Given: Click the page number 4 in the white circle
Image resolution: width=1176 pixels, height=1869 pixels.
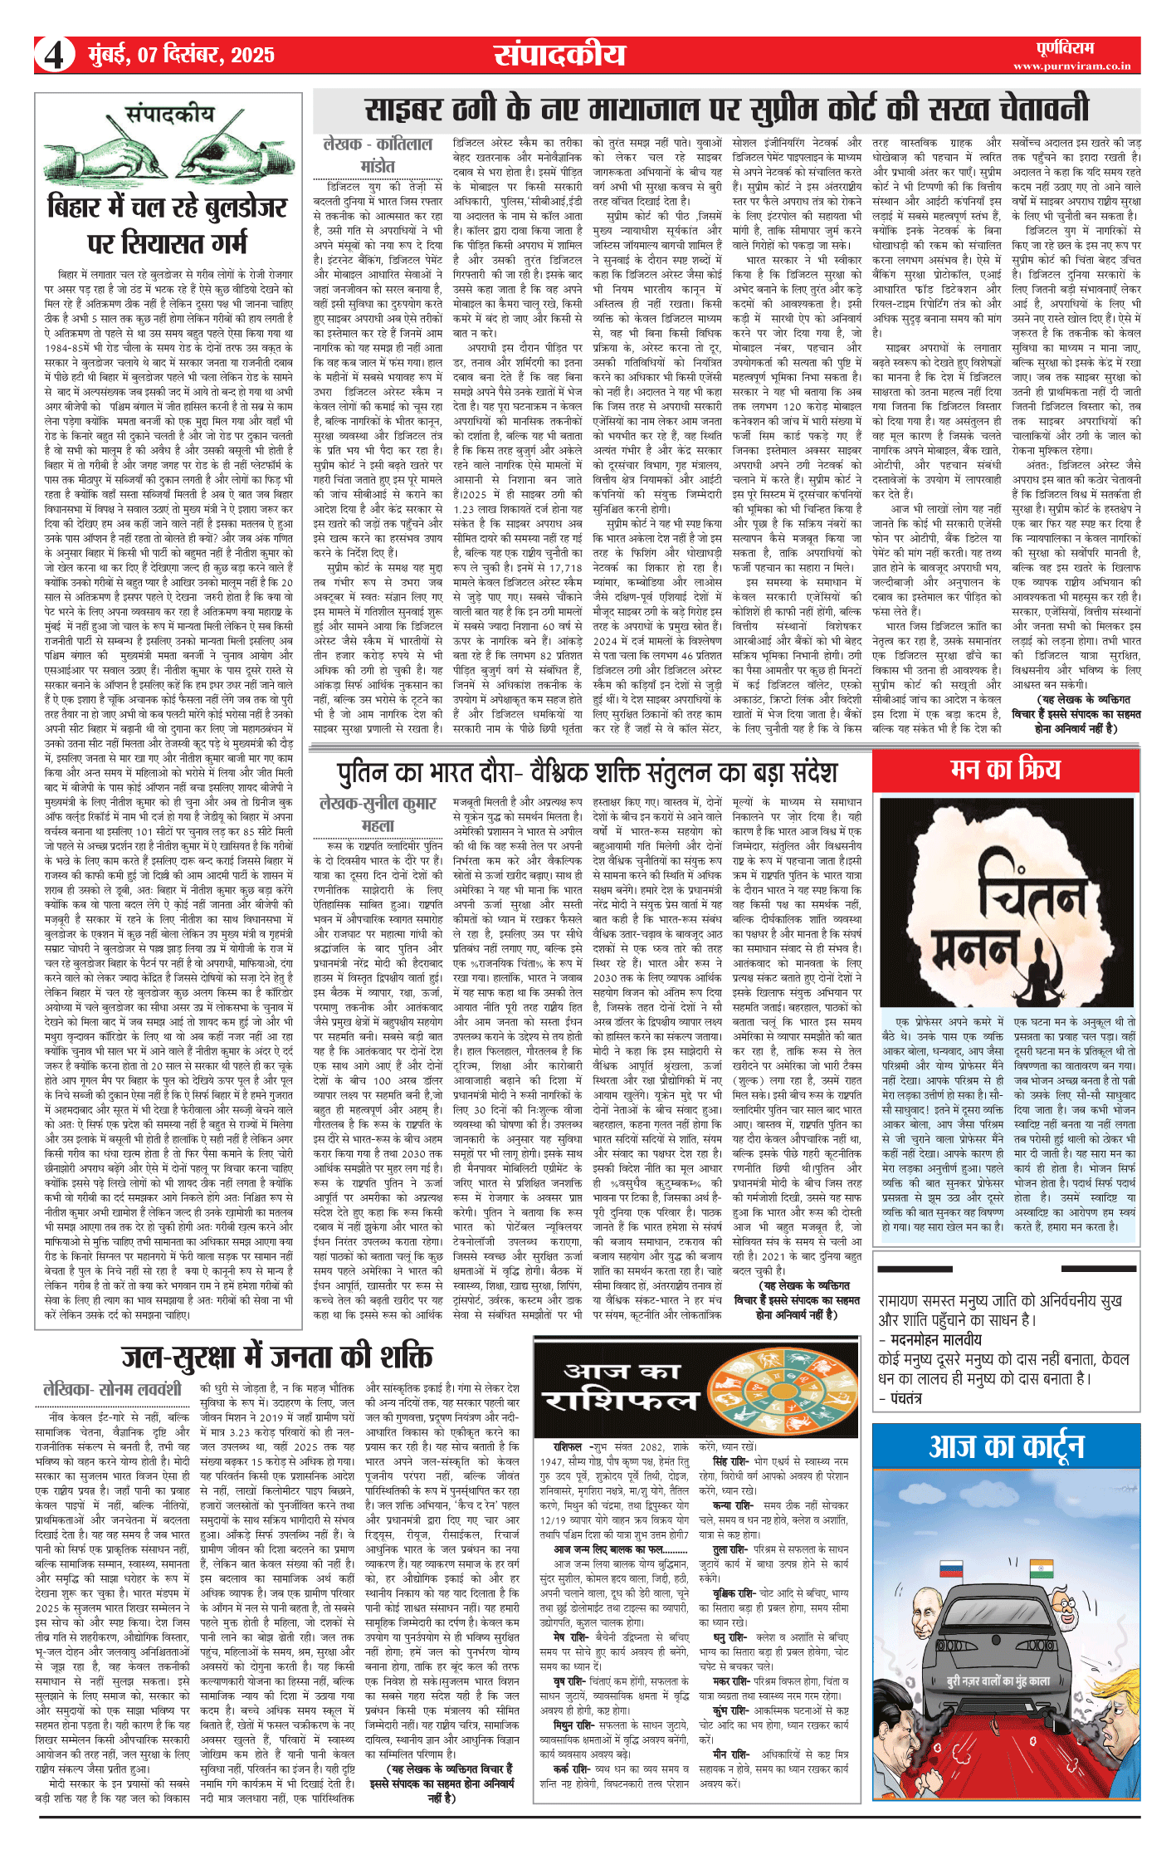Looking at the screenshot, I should pyautogui.click(x=54, y=56).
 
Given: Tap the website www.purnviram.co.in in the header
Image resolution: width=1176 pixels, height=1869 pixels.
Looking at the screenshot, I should pyautogui.click(x=1071, y=66).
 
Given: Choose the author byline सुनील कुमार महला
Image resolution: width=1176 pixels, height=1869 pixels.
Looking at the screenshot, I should pyautogui.click(x=378, y=813).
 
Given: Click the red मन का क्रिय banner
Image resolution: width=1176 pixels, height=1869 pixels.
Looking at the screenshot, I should pyautogui.click(x=1005, y=770).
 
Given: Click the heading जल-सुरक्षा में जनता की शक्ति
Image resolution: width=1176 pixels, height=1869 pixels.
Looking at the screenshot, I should pyautogui.click(x=278, y=1356).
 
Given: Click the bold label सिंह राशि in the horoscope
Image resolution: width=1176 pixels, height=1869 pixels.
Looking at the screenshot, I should pyautogui.click(x=733, y=1460).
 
